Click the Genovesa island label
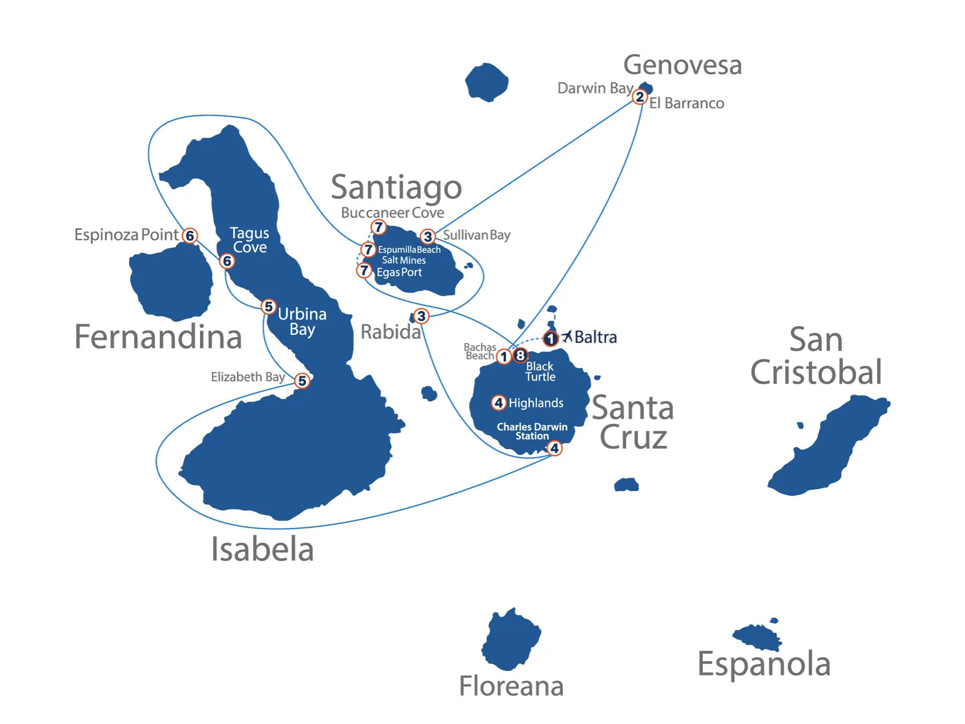(x=682, y=65)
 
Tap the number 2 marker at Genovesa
(x=640, y=97)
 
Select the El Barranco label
(x=687, y=103)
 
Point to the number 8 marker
(x=520, y=355)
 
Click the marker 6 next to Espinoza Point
(x=190, y=236)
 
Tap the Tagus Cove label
(x=249, y=240)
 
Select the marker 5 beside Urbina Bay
(x=269, y=307)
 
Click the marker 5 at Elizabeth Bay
(x=302, y=380)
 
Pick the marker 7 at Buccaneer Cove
(x=378, y=227)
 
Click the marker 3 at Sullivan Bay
(x=427, y=236)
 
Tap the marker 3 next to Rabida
(x=421, y=316)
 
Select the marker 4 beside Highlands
(x=499, y=402)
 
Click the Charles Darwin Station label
(x=532, y=431)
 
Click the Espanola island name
(x=764, y=664)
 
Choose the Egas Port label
(x=399, y=272)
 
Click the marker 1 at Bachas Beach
(x=503, y=356)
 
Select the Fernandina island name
(x=158, y=337)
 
